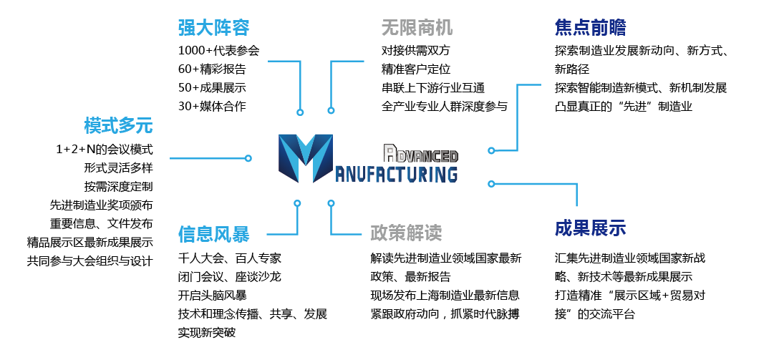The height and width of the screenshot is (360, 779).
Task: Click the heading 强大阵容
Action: coord(213,28)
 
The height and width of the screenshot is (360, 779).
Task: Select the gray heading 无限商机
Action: coord(417,28)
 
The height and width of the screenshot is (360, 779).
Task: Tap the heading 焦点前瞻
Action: coord(590,28)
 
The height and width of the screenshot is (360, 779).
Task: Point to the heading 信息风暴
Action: coord(213,234)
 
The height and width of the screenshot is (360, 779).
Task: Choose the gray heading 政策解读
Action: coord(406,233)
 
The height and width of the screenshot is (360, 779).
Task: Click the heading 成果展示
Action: coord(590,228)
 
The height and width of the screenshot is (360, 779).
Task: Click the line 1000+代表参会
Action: coord(218,51)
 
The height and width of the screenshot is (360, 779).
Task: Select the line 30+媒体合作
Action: coord(212,107)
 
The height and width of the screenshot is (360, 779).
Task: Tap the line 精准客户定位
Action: coord(416,69)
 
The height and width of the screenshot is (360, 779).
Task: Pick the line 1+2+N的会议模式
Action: coord(104,150)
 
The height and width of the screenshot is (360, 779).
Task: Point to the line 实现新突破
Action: coord(206,333)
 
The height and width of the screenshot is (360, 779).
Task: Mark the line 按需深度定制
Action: coord(118,187)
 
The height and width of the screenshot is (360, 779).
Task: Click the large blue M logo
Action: coord(306,158)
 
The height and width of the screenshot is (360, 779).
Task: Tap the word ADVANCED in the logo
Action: coord(421,153)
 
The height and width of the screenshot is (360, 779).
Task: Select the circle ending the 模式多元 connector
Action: coord(248,157)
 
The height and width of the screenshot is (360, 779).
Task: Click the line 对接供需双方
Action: coord(416,51)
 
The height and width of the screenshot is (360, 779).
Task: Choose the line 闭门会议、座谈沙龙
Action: coord(229,277)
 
